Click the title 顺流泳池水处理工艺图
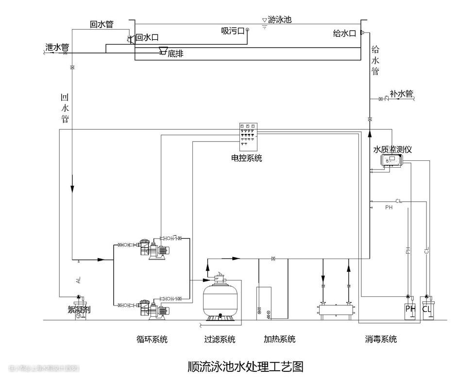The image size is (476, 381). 245,366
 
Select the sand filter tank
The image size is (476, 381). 220,298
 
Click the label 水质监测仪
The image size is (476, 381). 392,150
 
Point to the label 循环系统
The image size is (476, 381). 152,339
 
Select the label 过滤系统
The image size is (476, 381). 220,339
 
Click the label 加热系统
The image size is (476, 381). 279,339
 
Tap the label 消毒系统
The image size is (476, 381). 381,339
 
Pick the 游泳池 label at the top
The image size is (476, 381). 280,20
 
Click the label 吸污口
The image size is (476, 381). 232,31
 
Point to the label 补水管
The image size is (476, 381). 401,93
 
